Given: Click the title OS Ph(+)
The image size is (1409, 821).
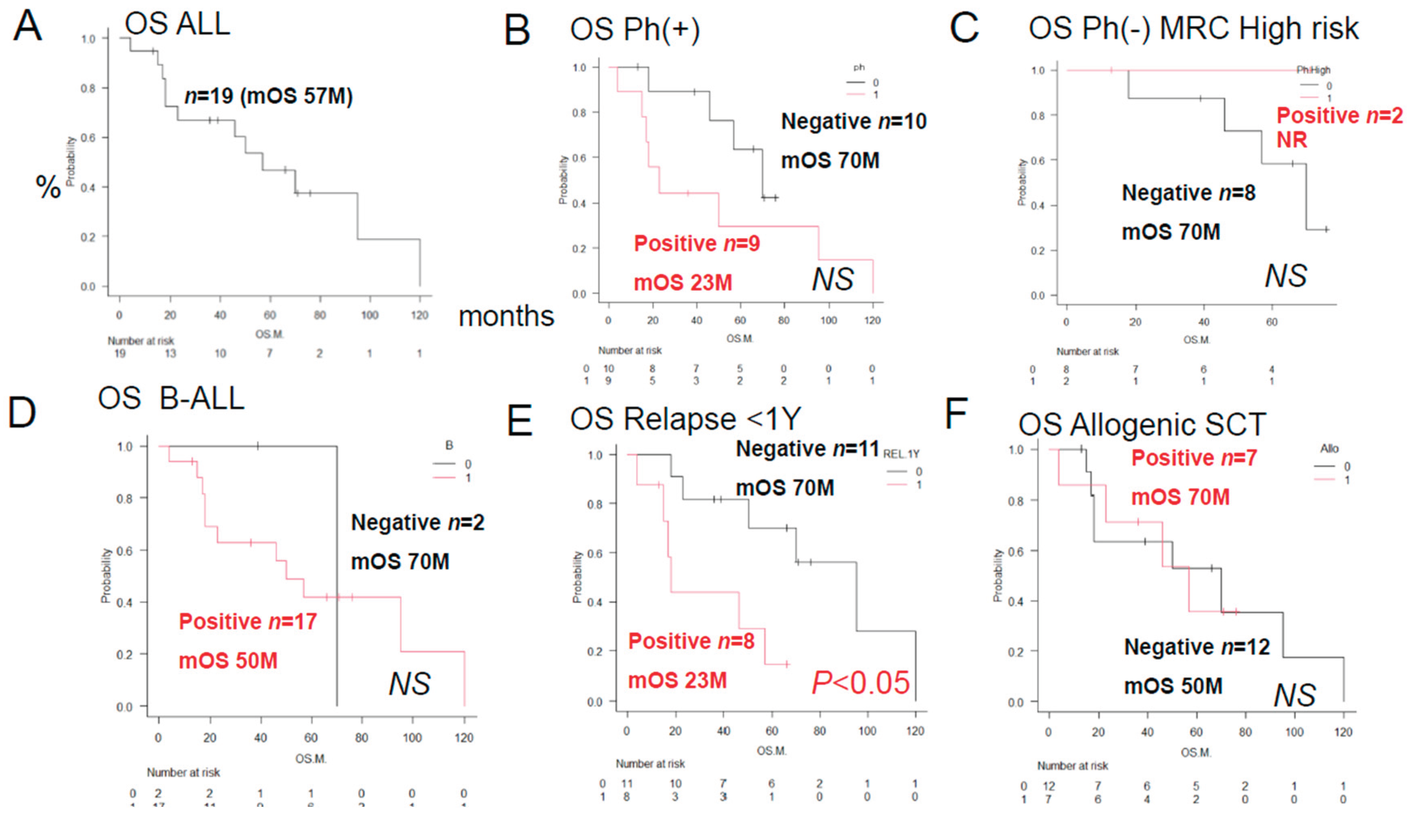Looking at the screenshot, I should coord(635,29).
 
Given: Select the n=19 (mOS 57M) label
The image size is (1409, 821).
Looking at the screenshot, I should coord(268,96).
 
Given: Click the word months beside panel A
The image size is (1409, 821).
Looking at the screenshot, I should coord(506,316).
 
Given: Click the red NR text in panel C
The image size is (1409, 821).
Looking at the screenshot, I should coord(1291,140).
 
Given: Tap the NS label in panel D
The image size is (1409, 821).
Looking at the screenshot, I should coord(409,684).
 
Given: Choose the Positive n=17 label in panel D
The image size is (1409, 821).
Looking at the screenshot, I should coord(248,622).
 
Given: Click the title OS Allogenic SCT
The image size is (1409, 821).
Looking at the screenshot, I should coord(1142,425).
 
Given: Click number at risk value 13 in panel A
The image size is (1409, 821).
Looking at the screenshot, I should coord(170,353).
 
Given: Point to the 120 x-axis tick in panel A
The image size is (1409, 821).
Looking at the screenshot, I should coord(419,315).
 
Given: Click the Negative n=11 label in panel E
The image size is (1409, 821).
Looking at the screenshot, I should coord(807,449).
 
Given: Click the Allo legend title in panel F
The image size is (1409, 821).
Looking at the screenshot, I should coord(1329,449).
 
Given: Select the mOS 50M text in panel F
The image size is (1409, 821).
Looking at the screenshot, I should coord(1173,686).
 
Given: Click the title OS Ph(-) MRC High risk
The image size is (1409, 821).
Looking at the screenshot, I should coord(1193,29).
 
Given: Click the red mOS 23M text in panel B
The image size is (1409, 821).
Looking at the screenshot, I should coord(683,282).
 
